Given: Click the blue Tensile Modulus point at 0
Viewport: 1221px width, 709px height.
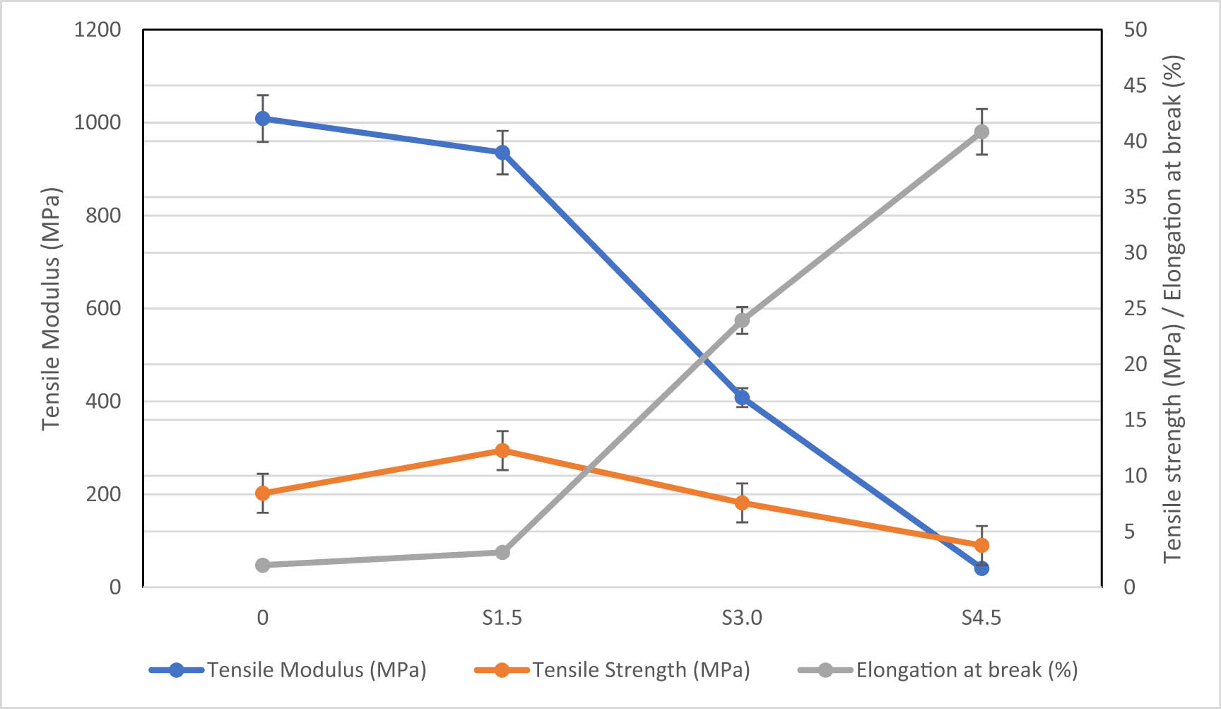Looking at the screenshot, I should (262, 118).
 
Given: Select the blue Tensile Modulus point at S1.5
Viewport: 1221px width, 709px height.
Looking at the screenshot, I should (502, 153).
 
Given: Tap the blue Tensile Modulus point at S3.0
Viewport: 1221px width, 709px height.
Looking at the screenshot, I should (742, 397).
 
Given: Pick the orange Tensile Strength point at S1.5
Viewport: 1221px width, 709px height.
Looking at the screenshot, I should (502, 450).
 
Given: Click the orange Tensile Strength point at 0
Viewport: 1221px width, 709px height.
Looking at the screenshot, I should (262, 493).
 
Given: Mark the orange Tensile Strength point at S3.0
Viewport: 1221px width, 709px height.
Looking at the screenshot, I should (742, 503).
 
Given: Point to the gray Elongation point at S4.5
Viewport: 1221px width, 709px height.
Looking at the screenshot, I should (981, 132).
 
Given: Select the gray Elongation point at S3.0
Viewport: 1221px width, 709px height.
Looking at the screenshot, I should (742, 320).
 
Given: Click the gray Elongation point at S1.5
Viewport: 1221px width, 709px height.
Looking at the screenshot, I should (502, 552).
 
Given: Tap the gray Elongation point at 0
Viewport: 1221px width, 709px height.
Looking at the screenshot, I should (262, 565).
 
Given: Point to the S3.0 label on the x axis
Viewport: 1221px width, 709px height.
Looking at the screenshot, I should (742, 618).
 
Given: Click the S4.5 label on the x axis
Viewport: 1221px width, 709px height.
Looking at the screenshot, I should (981, 618).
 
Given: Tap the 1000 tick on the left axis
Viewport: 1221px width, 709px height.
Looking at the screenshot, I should (98, 122).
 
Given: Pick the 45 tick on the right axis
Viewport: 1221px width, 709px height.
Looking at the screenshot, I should (1135, 86).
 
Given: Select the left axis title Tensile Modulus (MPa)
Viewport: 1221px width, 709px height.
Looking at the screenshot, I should (51, 309).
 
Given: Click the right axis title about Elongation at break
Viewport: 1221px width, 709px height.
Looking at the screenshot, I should (1173, 309).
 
